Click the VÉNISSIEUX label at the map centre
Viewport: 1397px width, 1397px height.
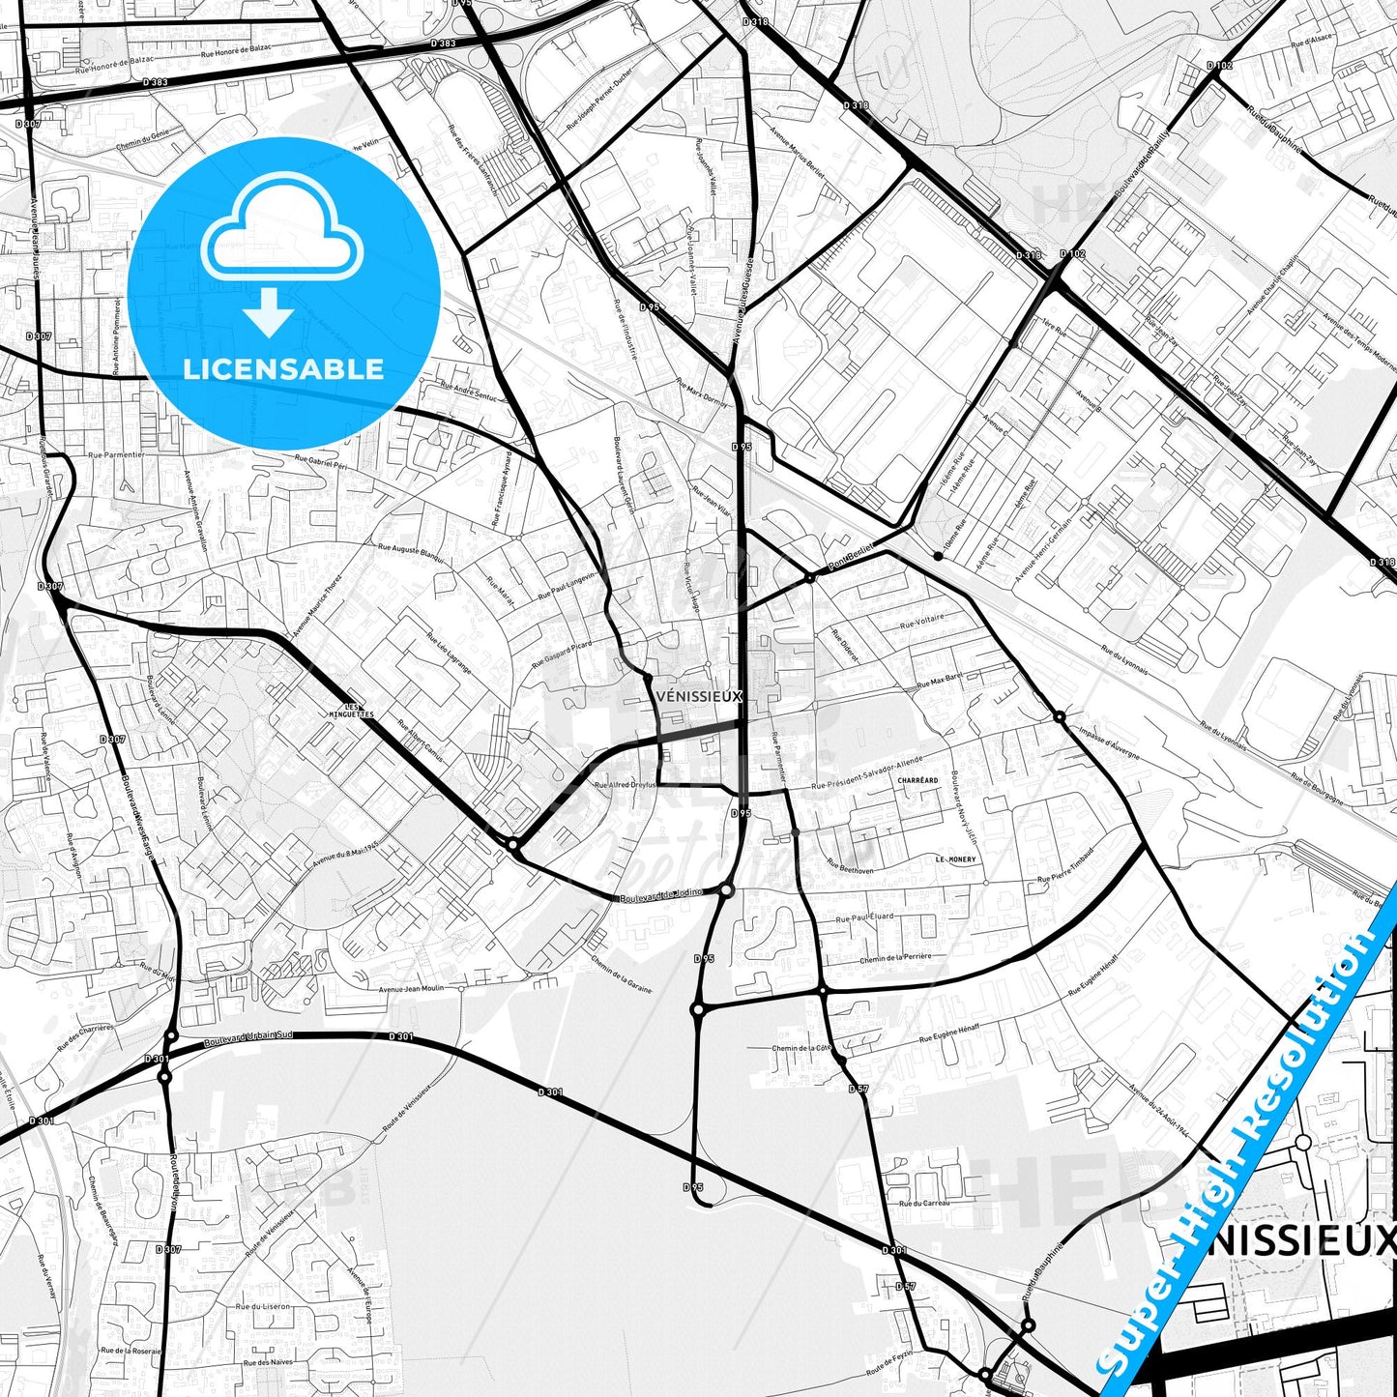(x=698, y=696)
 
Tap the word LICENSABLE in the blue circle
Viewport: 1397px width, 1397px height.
(x=283, y=369)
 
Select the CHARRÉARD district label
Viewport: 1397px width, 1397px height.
(x=917, y=780)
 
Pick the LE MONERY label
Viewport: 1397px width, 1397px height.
(x=955, y=859)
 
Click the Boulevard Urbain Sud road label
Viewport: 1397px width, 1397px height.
(x=248, y=1040)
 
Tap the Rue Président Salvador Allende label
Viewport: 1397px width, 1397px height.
(x=868, y=772)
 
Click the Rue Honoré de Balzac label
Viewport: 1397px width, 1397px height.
(x=236, y=50)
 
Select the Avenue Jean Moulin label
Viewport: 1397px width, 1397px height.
(x=411, y=989)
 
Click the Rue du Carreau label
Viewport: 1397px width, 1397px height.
(x=924, y=1204)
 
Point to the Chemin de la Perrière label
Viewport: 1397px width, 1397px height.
(x=895, y=958)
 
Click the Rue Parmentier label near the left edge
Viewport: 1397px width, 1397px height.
(x=115, y=454)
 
